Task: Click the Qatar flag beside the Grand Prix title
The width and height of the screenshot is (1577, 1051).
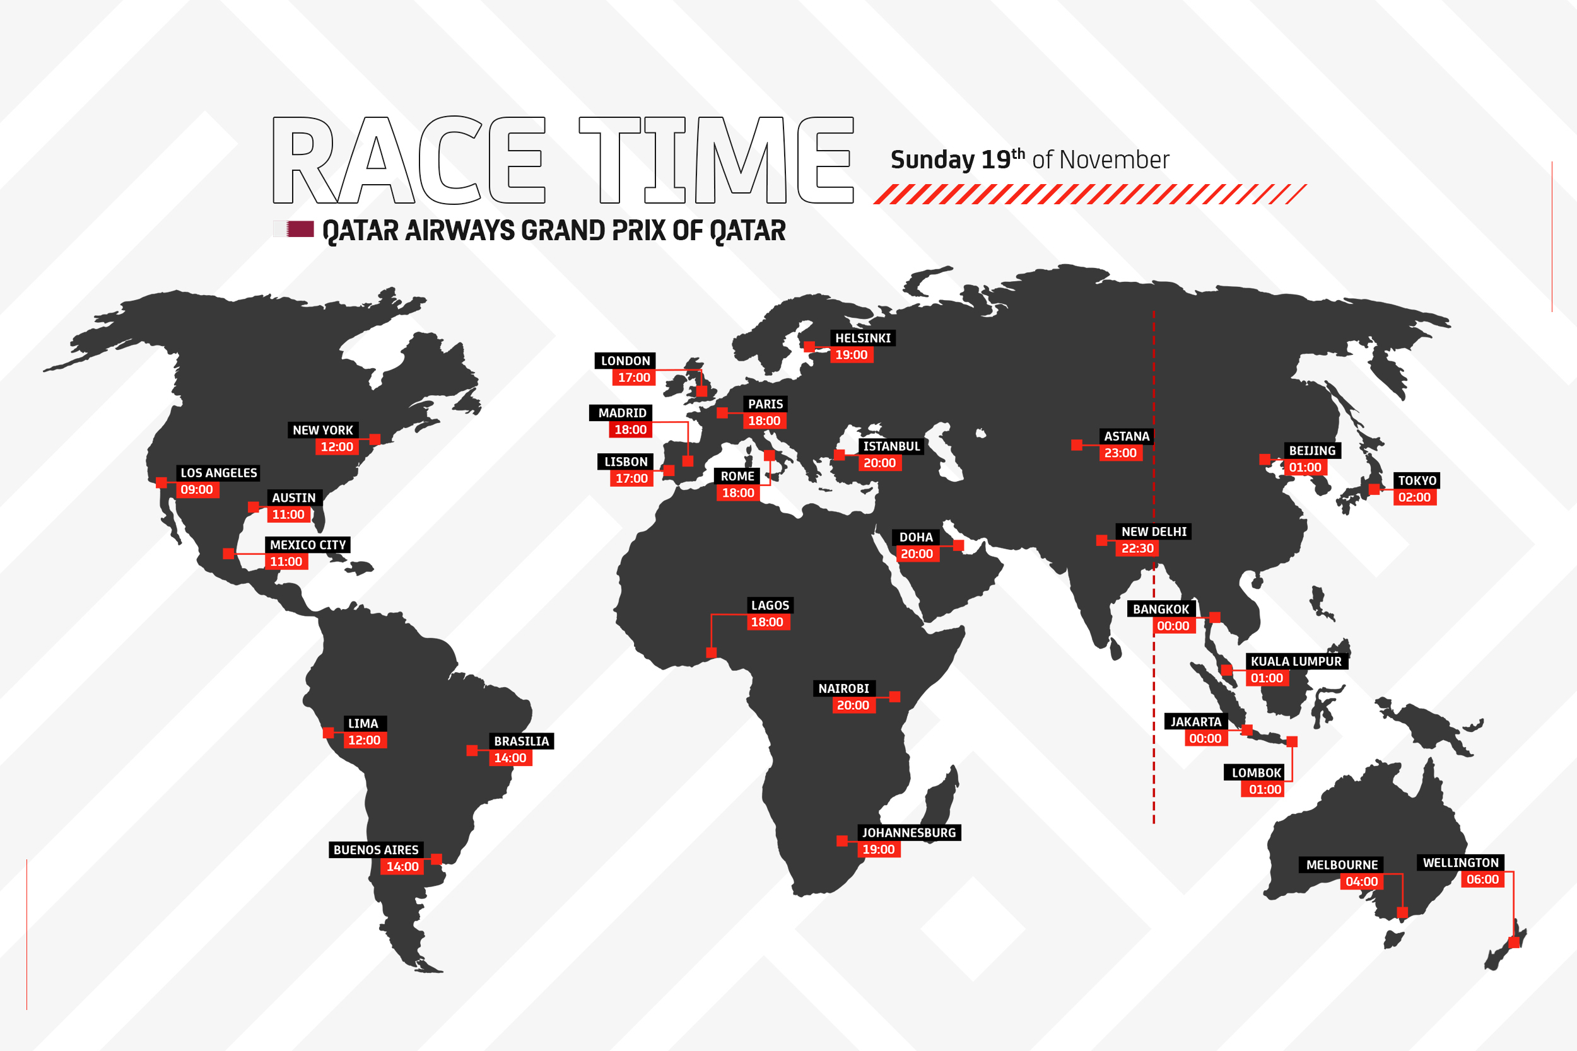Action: tap(294, 229)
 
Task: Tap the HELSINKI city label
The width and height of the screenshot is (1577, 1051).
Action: tap(862, 338)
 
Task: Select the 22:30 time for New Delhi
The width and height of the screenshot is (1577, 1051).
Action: tap(1137, 549)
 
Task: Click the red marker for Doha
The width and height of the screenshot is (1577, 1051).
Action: tap(958, 545)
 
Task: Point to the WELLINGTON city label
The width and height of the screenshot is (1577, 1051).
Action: tap(1460, 862)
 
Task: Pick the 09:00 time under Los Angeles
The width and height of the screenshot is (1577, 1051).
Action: tap(196, 489)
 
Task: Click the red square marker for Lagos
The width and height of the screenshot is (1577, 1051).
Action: tap(712, 652)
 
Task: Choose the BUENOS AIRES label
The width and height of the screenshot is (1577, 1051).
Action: tap(375, 850)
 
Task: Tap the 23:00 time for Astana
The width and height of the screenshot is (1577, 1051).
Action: tap(1120, 453)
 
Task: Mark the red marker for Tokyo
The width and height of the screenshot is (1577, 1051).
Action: tap(1374, 489)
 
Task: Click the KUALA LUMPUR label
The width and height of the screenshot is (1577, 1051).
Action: tap(1296, 661)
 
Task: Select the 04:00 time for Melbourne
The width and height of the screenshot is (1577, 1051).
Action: tap(1361, 881)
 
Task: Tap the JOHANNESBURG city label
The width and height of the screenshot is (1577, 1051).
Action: tap(908, 832)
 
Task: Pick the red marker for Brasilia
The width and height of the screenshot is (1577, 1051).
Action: tap(472, 751)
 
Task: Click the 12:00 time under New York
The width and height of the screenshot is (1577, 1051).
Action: tap(337, 447)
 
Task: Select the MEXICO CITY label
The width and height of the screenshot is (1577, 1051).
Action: tap(308, 545)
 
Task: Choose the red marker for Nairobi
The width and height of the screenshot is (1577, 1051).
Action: tap(894, 697)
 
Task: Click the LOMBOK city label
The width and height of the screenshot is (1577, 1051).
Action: tap(1256, 773)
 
